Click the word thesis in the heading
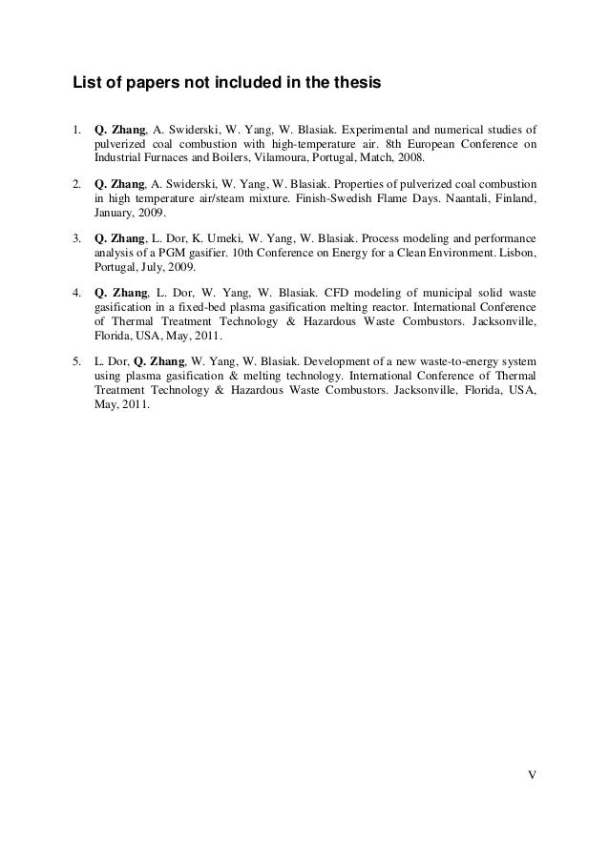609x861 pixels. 358,84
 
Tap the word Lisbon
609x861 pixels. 514,252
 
